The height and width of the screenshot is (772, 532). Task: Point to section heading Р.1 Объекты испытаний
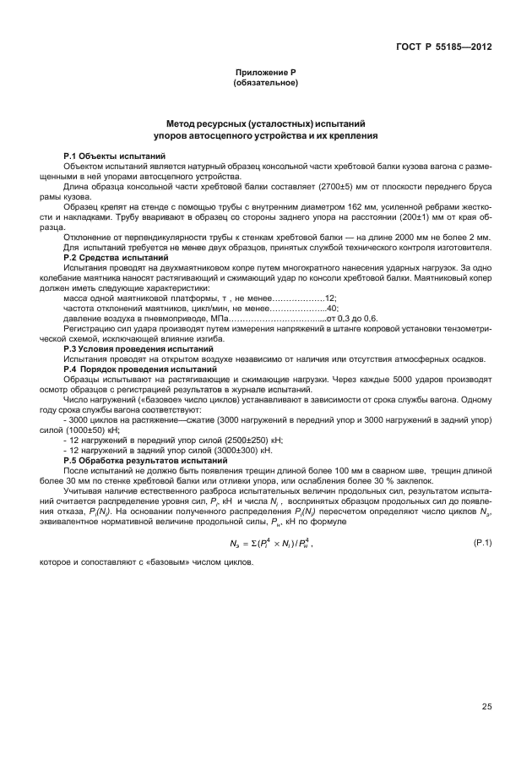click(114, 157)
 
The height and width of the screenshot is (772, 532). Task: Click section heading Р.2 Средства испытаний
click(115, 256)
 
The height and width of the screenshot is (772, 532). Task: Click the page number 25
click(487, 707)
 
